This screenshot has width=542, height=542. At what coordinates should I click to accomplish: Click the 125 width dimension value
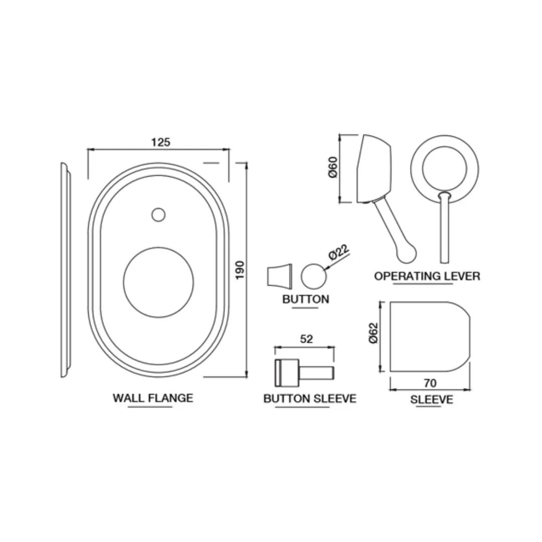coord(161,142)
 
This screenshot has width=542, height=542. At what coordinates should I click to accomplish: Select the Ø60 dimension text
coord(332,167)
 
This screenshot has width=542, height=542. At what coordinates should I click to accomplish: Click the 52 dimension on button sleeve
coord(306,339)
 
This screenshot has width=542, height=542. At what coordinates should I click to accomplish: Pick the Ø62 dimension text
coord(373,333)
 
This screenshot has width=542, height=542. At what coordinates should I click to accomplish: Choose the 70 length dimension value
coord(430,383)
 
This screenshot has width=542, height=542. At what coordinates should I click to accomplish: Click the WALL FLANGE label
coord(153,398)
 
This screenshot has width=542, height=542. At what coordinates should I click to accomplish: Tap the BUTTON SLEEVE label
coord(310,398)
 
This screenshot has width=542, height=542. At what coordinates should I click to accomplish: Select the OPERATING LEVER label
coord(427,276)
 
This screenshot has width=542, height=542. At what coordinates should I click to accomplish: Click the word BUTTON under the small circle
coord(306,299)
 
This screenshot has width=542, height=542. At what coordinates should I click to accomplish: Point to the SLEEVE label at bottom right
coord(432,399)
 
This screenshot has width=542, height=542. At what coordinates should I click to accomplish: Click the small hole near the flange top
coord(158,214)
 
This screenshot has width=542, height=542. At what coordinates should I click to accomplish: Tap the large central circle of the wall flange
coord(158,282)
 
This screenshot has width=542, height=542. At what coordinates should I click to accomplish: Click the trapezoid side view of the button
coord(279,276)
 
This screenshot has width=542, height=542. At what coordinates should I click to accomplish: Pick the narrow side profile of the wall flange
coord(65,270)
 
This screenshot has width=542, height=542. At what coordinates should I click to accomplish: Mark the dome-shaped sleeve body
coord(429,337)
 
